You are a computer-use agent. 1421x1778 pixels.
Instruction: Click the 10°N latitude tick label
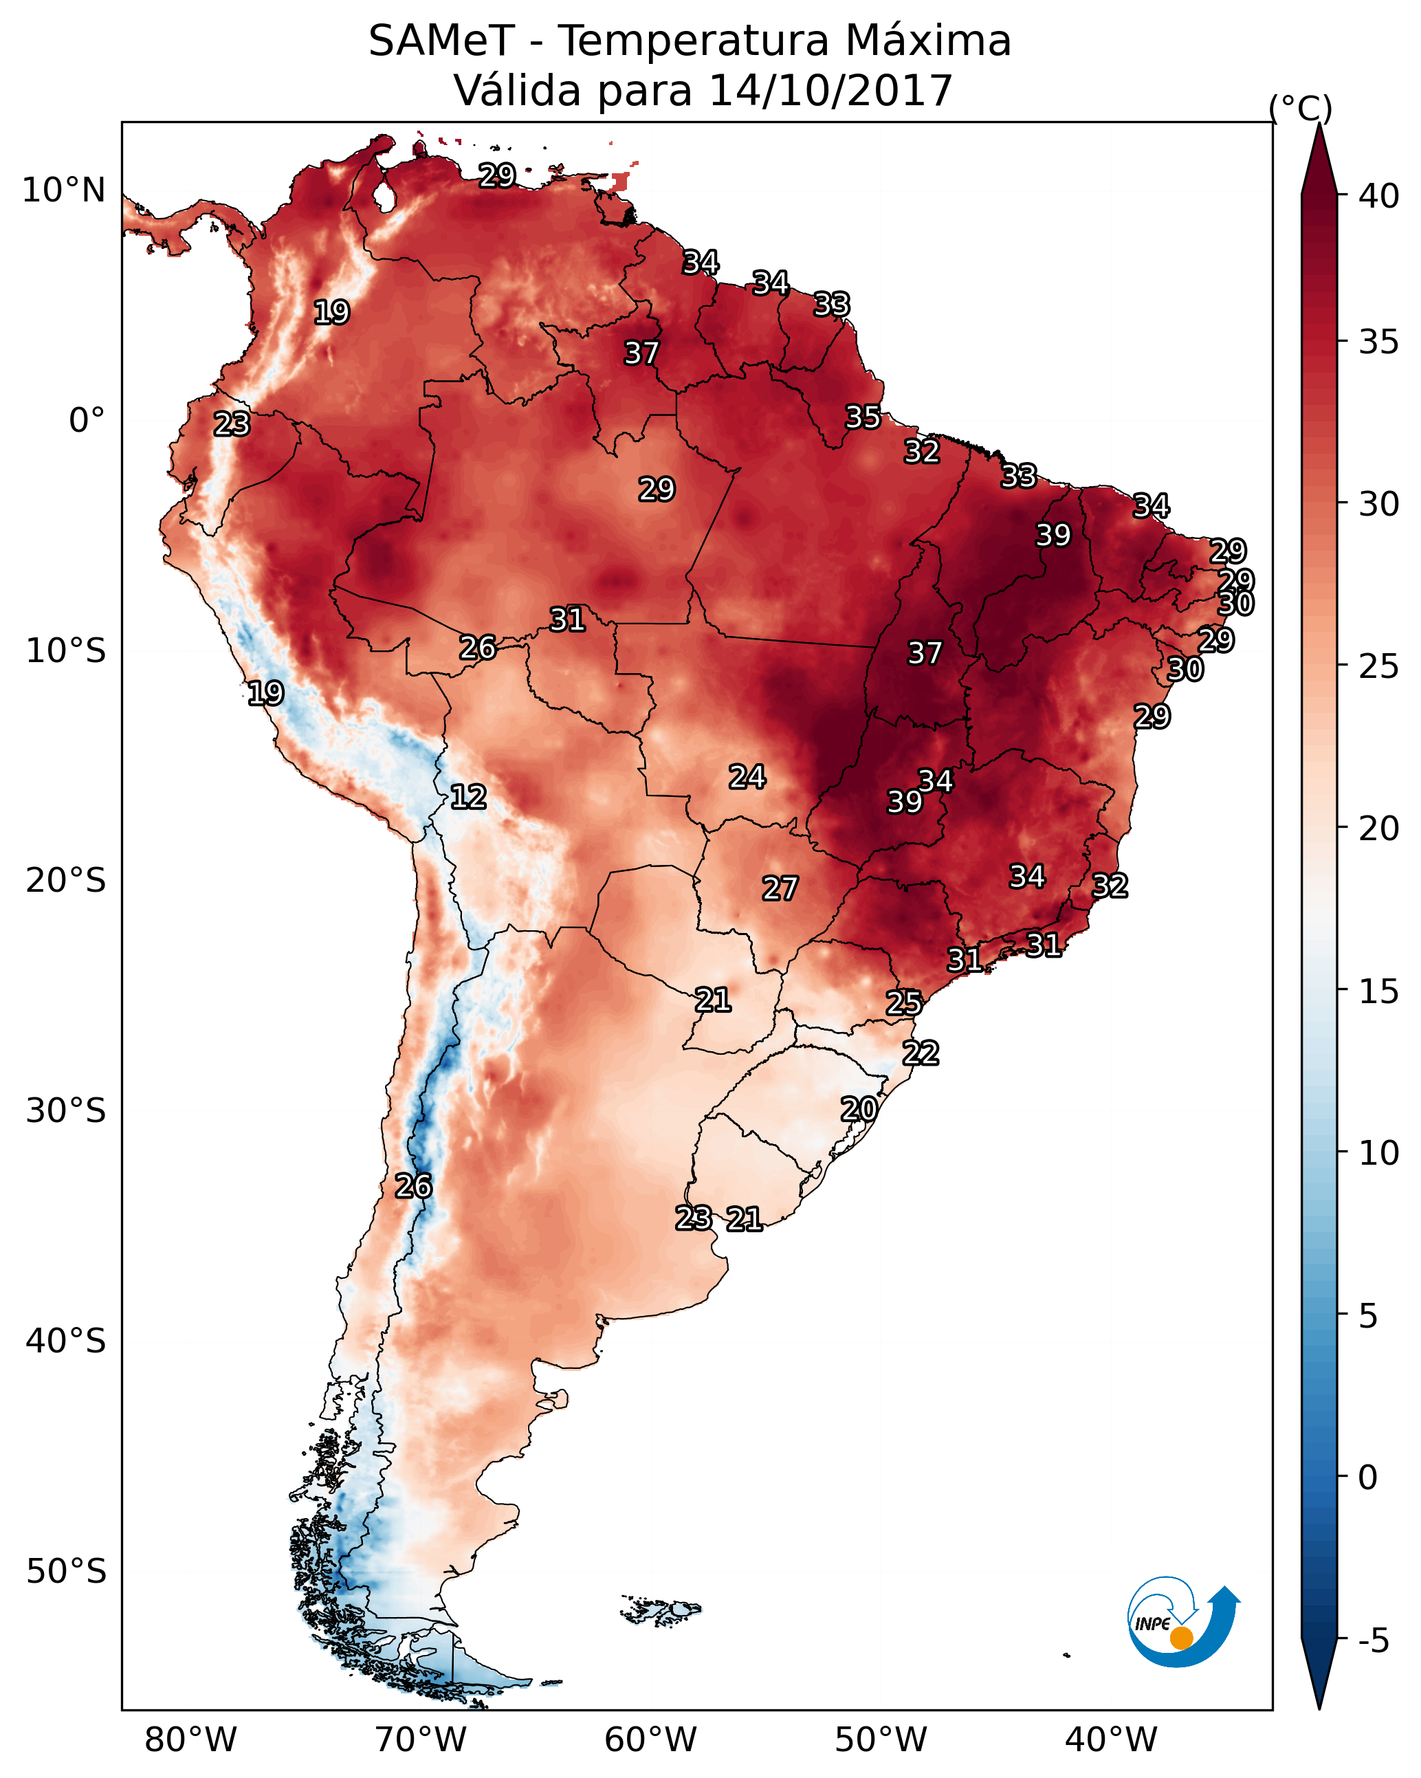click(x=63, y=190)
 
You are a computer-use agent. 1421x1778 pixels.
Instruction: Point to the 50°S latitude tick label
click(x=66, y=1572)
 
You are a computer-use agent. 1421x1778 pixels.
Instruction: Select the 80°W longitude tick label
click(x=190, y=1739)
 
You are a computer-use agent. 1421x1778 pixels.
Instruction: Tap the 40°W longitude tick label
click(x=1111, y=1739)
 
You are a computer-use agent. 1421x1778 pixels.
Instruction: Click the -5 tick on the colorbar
click(x=1373, y=1641)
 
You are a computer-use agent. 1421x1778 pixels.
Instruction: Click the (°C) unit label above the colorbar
click(x=1300, y=108)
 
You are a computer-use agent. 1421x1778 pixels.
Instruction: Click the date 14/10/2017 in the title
click(x=830, y=90)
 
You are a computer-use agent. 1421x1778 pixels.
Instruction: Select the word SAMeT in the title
click(x=441, y=41)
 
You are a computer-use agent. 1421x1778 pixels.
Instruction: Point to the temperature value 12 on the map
click(x=468, y=797)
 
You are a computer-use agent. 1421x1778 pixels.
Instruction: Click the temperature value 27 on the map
click(x=780, y=888)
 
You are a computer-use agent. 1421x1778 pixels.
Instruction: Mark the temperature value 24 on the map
click(x=747, y=776)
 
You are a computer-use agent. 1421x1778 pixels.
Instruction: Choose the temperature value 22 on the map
click(x=921, y=1053)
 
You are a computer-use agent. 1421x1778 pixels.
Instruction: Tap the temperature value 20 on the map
click(x=859, y=1109)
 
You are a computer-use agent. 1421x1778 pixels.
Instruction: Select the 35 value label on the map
click(x=863, y=417)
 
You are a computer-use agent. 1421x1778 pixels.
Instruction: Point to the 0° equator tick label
click(x=87, y=421)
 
